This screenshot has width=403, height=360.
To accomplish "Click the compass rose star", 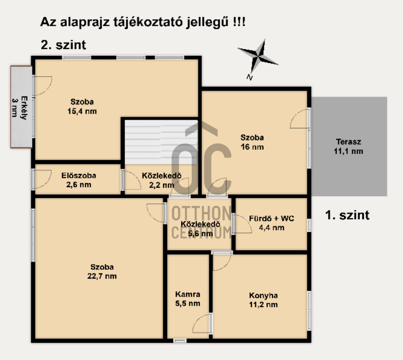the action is tap(258, 56).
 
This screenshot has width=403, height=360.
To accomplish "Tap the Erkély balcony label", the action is tap(20, 108).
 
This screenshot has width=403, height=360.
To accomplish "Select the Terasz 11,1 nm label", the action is tap(348, 146).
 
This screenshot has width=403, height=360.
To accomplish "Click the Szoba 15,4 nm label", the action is tap(82, 107).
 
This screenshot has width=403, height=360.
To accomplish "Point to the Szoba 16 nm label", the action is tap(252, 142).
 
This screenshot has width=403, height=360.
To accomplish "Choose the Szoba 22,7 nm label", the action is tap(102, 271).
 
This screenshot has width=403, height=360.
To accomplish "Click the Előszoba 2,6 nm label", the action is tap(78, 180).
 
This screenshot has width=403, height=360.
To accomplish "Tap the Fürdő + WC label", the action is tap(272, 223).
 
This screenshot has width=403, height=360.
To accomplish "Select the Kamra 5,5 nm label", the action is tap(187, 299).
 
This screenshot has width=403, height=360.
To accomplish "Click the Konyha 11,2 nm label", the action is tap(263, 300).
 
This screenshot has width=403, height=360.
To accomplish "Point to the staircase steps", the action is tap(161, 142).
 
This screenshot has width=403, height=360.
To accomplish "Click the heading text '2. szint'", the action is tap(63, 45).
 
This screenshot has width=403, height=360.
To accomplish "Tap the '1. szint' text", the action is tap(347, 215).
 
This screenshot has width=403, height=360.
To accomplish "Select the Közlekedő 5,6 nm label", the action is tap(201, 229).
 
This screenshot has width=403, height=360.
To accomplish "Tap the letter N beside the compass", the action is tap(249, 77).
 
